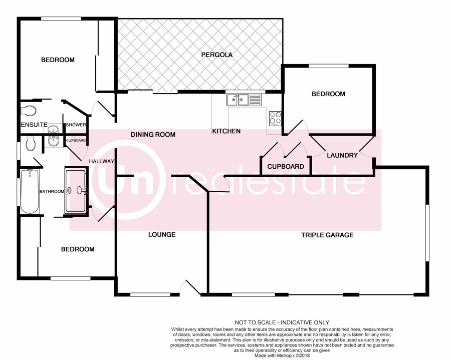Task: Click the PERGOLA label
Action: [x=216, y=55]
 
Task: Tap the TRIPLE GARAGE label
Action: [x=327, y=235]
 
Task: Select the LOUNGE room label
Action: [x=162, y=234]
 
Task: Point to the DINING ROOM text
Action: [x=153, y=135]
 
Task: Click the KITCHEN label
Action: [x=227, y=131]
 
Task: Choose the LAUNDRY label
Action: [x=342, y=155]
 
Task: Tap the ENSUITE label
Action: [x=34, y=125]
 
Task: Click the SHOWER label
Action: [x=76, y=125]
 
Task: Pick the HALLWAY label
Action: [x=102, y=161]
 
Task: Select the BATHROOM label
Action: [x=52, y=191]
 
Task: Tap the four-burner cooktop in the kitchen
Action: [x=275, y=118]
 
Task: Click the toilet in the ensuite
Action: [x=28, y=111]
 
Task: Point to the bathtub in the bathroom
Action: [x=30, y=191]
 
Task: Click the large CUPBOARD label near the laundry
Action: [x=286, y=167]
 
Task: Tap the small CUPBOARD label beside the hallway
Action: [x=76, y=141]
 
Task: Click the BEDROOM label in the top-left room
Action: [x=58, y=60]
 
